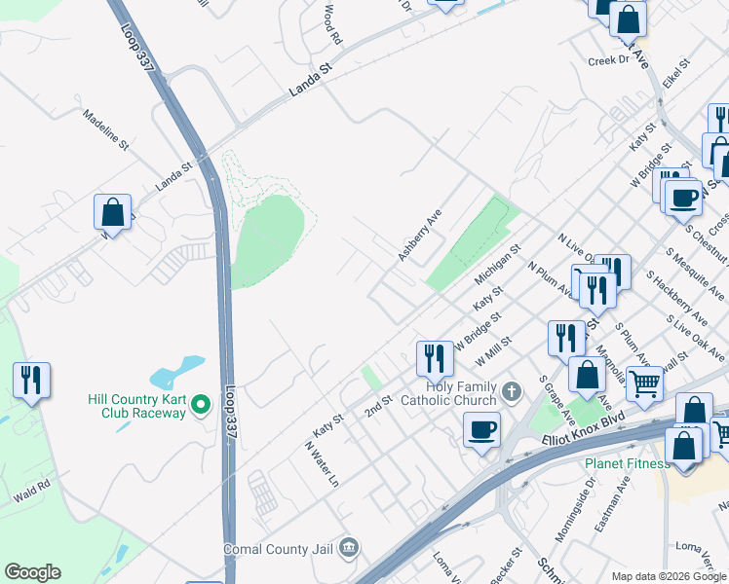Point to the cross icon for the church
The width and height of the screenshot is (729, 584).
click(514, 392)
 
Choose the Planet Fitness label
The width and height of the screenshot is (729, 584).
click(627, 462)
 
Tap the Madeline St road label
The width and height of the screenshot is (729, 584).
click(106, 128)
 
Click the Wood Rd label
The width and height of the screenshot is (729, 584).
click(331, 23)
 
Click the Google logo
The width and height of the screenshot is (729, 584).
click(32, 572)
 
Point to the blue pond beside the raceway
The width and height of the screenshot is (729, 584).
click(177, 371)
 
